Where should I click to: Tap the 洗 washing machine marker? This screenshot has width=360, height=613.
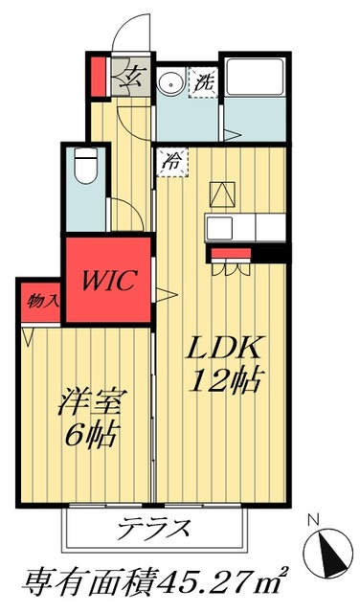click(203, 82)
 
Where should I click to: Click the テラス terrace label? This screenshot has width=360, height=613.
click(154, 527)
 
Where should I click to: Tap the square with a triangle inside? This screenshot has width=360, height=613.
click(221, 194)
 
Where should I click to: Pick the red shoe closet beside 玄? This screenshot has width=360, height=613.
click(98, 78)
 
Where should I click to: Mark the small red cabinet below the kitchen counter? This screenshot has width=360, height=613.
click(230, 254)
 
